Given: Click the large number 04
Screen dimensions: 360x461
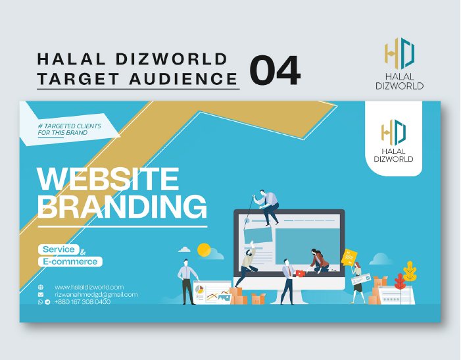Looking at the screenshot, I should pos(275,70).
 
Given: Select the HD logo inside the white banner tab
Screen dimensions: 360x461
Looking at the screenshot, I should pos(393,133).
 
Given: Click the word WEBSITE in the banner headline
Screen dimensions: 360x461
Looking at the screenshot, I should pos(107,179).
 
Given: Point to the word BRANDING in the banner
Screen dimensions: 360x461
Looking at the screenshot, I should pos(122,207).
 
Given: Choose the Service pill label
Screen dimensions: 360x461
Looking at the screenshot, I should pos(59,249).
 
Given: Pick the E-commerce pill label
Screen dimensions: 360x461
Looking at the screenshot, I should pos(70,261).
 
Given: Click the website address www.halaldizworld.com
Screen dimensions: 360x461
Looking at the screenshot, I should pos(89,287).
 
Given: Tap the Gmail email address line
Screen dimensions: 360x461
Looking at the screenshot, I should pos(95,294).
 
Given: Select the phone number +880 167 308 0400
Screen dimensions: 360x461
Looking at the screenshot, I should pos(82,301).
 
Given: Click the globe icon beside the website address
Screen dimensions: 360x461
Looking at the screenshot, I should pos(41,287).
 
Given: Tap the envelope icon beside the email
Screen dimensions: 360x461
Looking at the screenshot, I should pos(41,294).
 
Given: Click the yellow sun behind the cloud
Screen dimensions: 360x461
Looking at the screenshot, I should pos(204,249).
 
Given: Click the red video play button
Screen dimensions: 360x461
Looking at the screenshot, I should pos(300,273).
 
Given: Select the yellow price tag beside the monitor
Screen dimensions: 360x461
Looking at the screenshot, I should pos(349,257).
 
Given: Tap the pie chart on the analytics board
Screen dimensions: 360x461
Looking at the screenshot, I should pos(199,290).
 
